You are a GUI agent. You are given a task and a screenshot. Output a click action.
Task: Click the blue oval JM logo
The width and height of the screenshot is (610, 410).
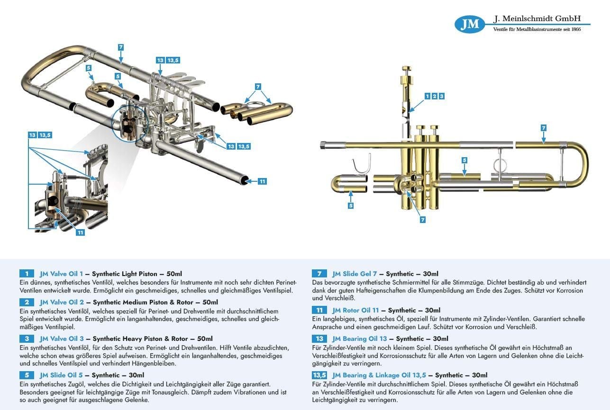coord(470,24)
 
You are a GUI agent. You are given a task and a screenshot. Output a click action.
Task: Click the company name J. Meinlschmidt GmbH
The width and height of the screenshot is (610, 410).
coord(537,19)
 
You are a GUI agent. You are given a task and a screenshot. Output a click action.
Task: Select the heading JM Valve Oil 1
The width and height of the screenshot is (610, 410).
coord(62,274)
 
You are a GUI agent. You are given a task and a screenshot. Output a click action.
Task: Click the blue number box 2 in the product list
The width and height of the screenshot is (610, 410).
coord(27,302)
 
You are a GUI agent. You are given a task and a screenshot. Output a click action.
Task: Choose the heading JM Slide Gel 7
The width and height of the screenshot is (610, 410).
coord(354,274)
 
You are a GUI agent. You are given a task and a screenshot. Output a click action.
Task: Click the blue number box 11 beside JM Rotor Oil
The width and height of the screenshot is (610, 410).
coord(319,310)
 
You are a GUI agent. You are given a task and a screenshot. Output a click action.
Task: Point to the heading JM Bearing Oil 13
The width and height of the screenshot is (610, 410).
coord(360,339)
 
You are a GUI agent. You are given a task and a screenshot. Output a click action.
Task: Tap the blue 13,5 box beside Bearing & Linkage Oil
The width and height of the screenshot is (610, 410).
coord(319,375)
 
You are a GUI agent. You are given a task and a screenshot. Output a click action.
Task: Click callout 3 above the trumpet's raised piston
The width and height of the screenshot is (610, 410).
coord(441,96)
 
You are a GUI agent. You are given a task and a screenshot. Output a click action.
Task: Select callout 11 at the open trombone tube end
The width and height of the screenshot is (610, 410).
coord(262,181)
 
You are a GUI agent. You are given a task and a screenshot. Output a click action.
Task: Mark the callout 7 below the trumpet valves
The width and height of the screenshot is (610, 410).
coord(423,220)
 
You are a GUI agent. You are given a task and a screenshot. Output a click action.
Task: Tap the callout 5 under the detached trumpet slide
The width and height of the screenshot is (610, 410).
coord(351,205)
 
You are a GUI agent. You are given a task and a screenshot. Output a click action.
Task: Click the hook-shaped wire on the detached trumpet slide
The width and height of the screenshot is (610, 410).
coord(360,166)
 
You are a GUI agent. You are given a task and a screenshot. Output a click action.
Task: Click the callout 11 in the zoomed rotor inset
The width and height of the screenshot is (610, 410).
coord(81,232)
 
